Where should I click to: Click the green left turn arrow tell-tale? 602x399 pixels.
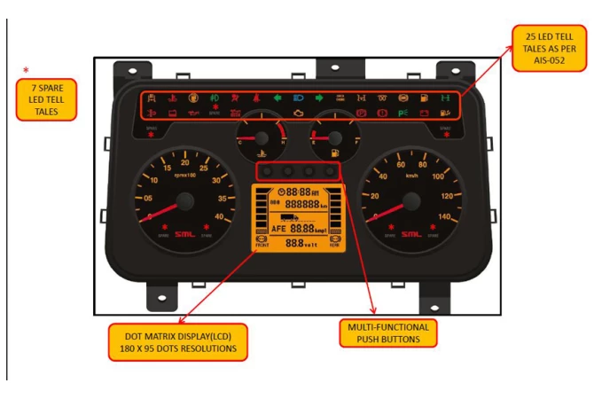pos(278,97)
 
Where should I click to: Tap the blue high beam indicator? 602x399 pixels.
pos(298,97)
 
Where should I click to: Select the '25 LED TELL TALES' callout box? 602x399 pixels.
pos(550,48)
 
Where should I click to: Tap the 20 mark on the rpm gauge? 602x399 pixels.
pos(184,162)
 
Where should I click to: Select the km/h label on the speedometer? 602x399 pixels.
pos(410,176)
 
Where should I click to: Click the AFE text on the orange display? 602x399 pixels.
pos(278,228)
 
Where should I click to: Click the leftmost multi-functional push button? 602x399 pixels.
pos(265,169)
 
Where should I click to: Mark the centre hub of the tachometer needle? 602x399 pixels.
pos(184,202)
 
